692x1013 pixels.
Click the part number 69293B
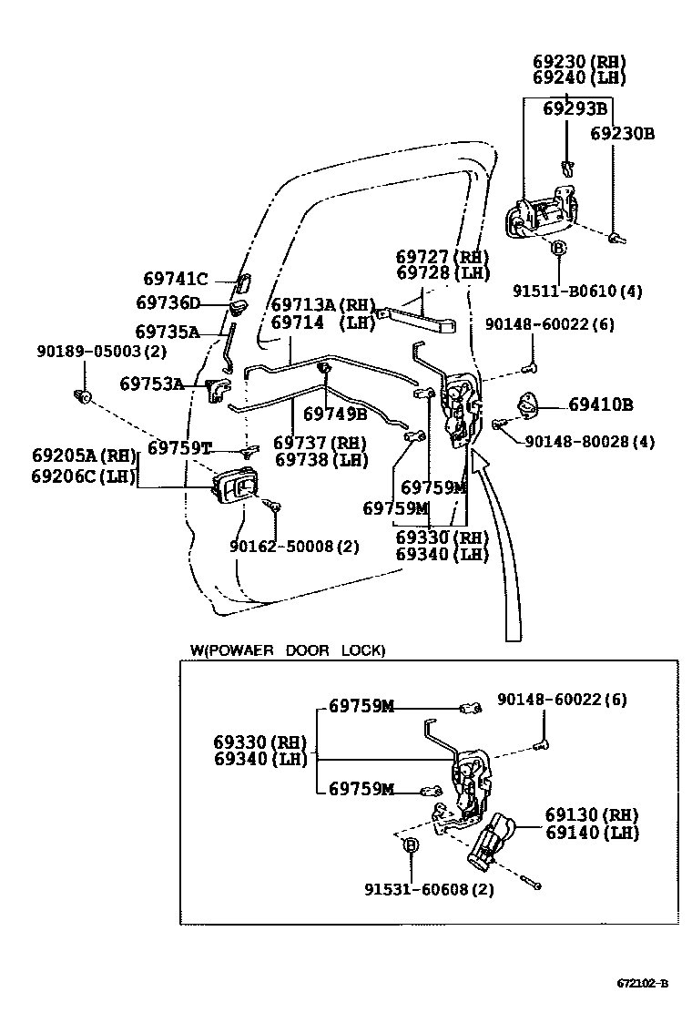575,109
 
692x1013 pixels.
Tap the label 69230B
622,133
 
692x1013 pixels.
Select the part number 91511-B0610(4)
577,292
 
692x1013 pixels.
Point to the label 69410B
601,404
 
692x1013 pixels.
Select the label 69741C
176,279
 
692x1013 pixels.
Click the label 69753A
151,384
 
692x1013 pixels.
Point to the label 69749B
334,414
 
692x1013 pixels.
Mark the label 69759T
179,447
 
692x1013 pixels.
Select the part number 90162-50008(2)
294,547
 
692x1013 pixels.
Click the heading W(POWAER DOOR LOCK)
287,650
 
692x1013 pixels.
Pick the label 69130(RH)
592,814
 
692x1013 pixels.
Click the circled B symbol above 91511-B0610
558,248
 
